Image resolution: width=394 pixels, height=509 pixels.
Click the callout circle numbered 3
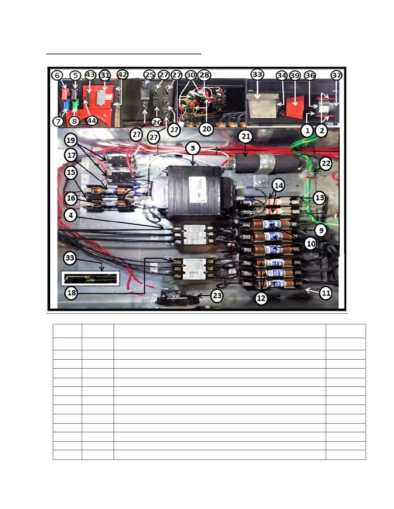pos(193,148)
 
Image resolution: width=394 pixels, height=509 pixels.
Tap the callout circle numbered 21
pos(246,137)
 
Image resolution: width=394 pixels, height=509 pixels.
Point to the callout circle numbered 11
pos(326,293)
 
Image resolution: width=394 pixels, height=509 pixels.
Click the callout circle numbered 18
pos(71,293)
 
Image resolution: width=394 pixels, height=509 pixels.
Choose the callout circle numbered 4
pos(71,215)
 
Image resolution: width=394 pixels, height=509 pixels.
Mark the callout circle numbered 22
pos(326,164)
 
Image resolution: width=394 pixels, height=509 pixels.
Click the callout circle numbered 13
pos(319,198)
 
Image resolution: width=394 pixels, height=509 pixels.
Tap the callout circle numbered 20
pos(206,129)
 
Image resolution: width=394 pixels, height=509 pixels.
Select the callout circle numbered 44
pos(92,121)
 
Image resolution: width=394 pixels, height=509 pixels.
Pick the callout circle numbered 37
pos(336,76)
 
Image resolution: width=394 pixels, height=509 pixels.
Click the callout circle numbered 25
pos(149,75)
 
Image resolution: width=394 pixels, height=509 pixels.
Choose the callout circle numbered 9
pos(321,230)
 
